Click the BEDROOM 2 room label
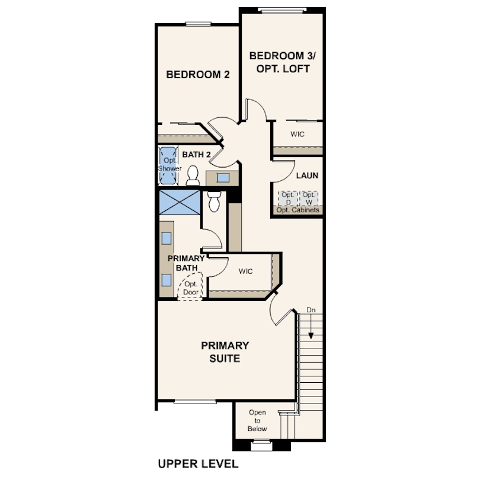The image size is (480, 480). [x=197, y=75]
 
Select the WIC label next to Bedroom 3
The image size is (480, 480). [x=297, y=135]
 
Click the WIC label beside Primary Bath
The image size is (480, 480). [x=246, y=271]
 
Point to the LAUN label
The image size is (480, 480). [x=307, y=175]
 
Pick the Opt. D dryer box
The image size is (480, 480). [x=287, y=198]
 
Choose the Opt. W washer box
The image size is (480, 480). [x=308, y=198]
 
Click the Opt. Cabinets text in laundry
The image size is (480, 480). [x=297, y=210]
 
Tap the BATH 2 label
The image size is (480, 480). [x=196, y=155]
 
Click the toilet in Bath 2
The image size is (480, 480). [x=193, y=175]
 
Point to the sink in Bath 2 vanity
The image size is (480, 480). [x=223, y=177]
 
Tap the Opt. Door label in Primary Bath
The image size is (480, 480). [x=191, y=288]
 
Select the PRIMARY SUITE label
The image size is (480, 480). [x=225, y=351]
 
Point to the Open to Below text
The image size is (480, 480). [x=257, y=420]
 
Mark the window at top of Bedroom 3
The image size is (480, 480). [x=282, y=9]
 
